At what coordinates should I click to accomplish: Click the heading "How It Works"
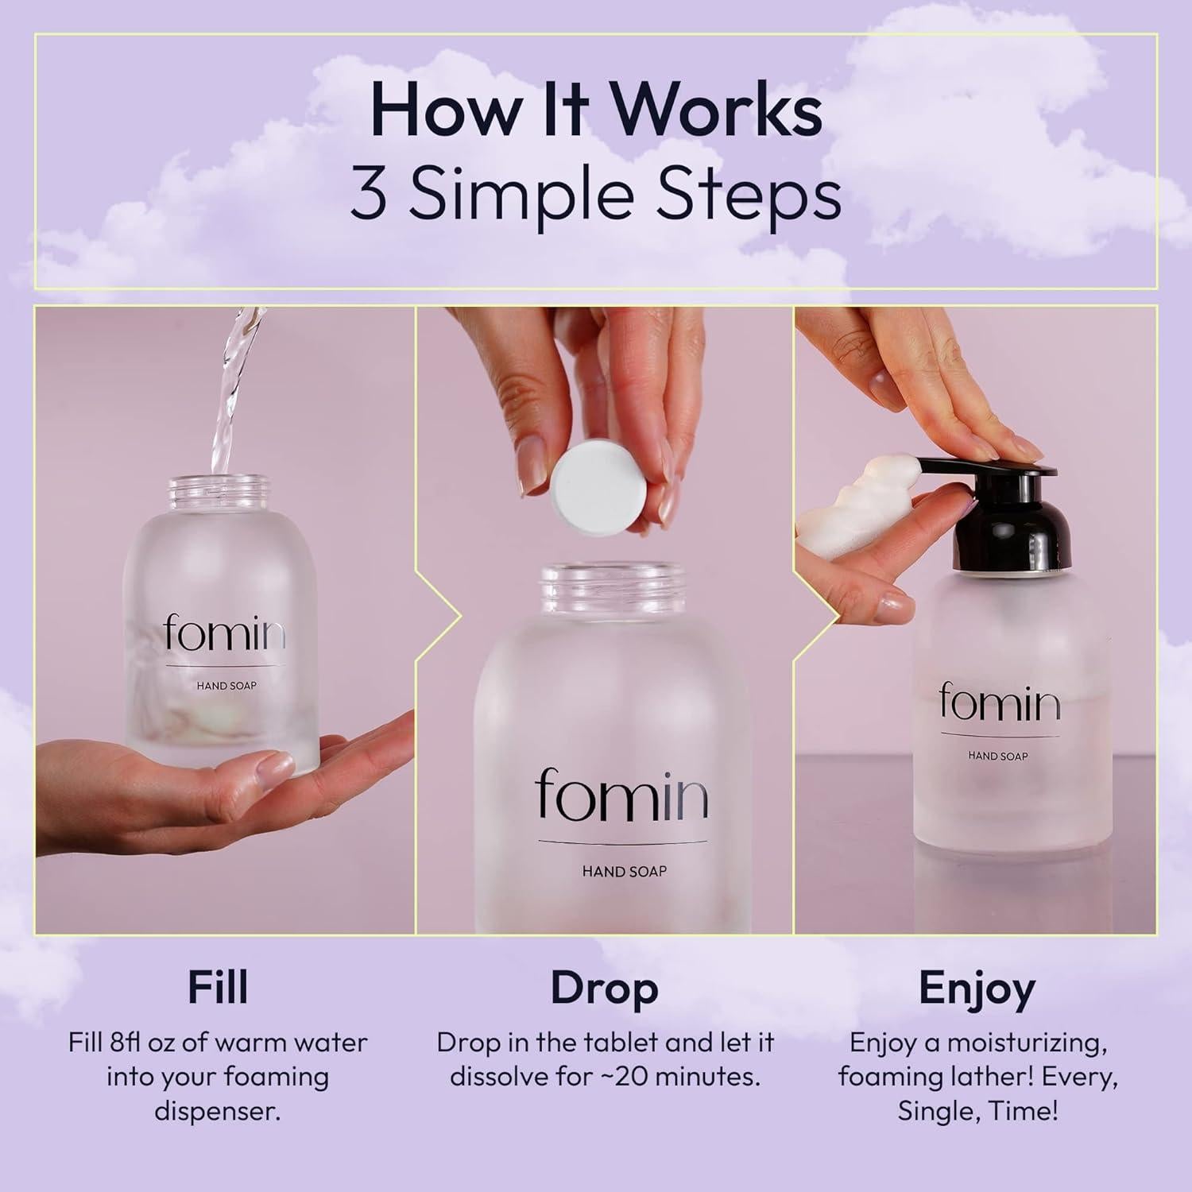(x=596, y=111)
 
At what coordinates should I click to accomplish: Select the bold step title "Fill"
(x=219, y=987)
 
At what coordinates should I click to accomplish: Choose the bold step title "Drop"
(x=605, y=989)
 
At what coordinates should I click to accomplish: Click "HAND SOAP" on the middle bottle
(x=624, y=871)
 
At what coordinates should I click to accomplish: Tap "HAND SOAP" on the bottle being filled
(x=226, y=686)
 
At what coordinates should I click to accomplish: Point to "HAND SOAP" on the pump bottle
(x=998, y=755)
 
